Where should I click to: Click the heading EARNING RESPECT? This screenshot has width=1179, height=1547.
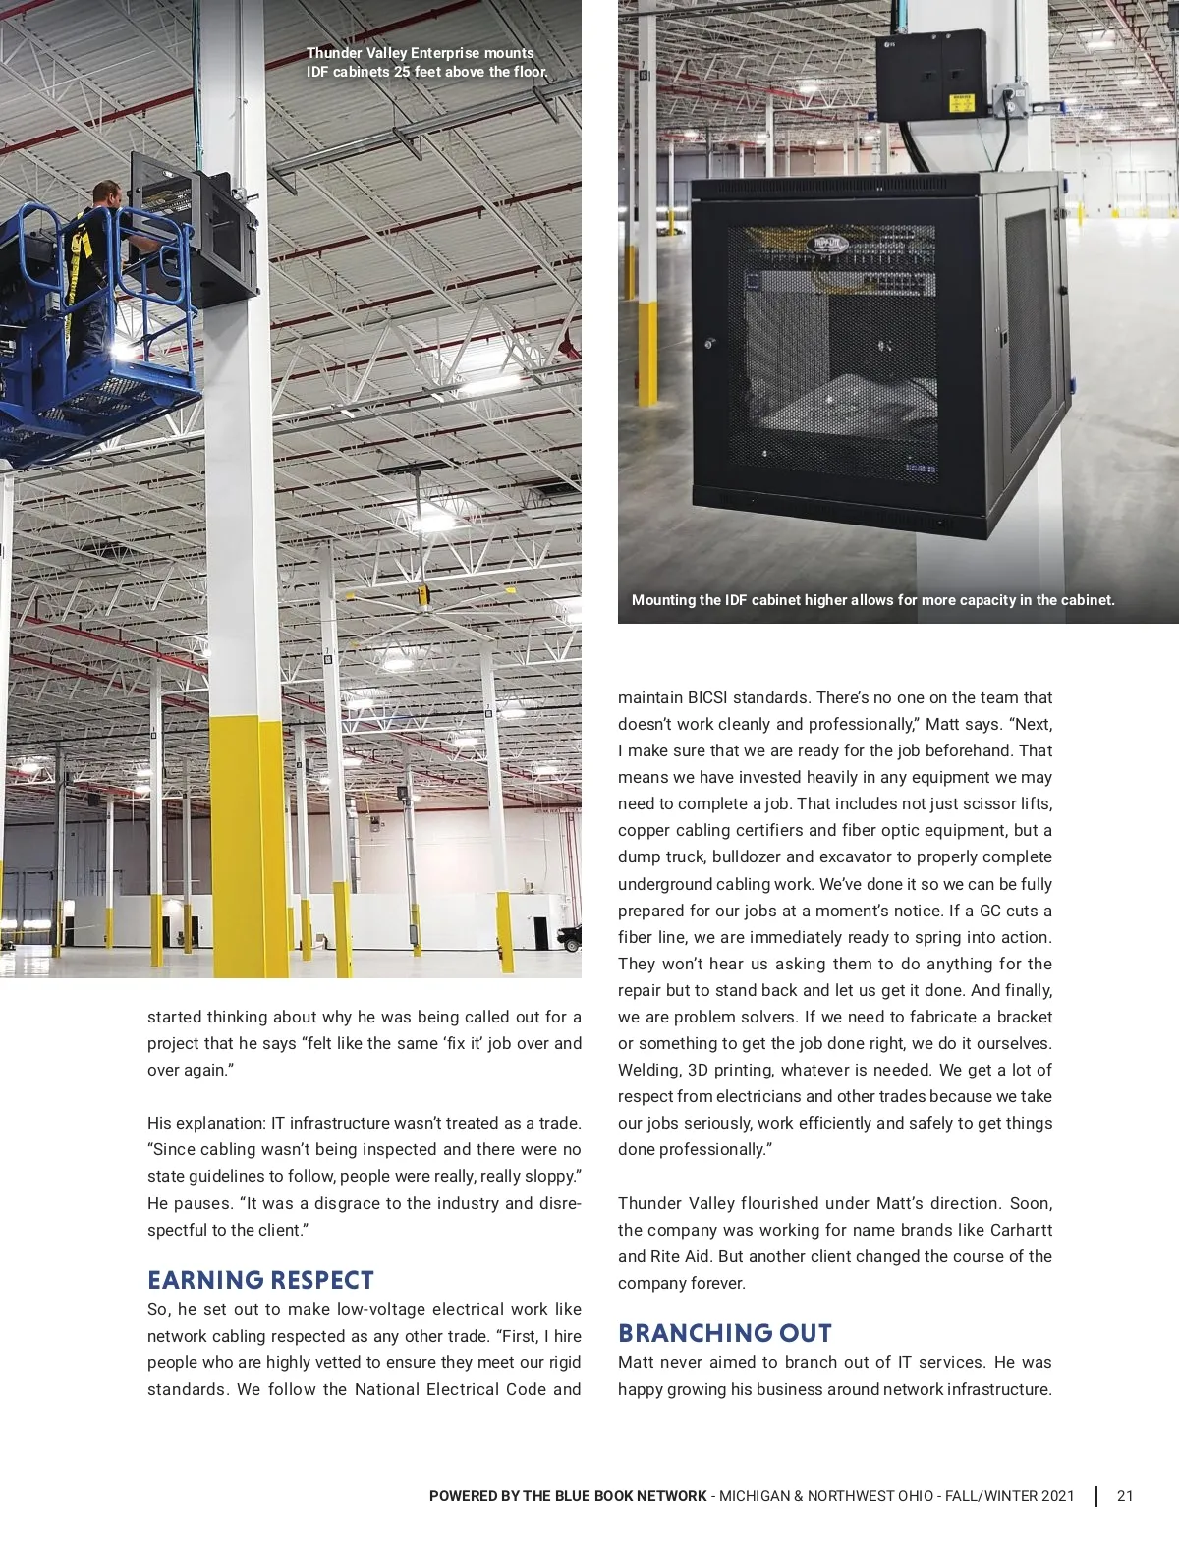point(260,1280)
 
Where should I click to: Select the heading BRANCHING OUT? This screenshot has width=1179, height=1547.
point(725,1333)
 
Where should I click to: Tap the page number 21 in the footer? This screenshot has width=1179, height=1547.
point(1125,1496)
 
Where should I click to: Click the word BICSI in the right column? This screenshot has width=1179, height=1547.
point(706,697)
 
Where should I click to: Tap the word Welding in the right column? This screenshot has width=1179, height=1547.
point(648,1070)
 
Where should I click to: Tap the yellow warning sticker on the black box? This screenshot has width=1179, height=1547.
point(960,102)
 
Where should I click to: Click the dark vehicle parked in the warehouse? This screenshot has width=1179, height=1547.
point(571,938)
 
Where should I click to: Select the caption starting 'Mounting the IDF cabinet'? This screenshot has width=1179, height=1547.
point(872,600)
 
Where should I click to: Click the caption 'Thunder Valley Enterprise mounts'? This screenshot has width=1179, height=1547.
point(421,53)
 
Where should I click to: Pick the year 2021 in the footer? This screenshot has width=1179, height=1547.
point(1057,1496)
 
